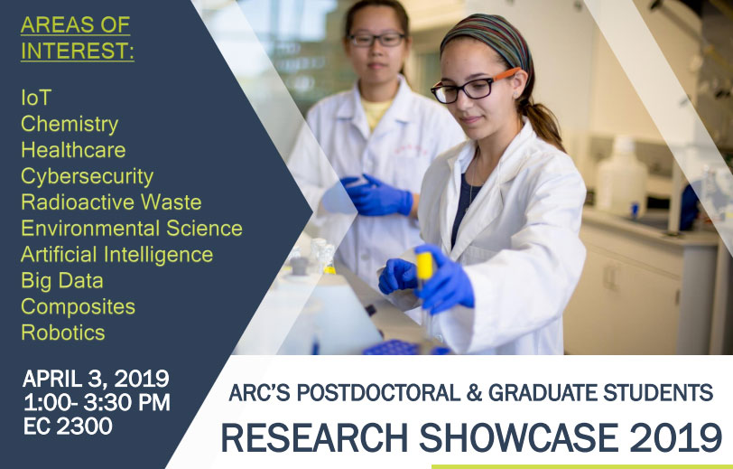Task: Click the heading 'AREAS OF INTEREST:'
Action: (x=77, y=38)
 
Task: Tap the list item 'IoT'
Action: (x=36, y=97)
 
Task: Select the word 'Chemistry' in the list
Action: (x=70, y=124)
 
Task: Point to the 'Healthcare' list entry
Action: (x=73, y=150)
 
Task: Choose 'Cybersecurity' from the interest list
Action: (x=87, y=176)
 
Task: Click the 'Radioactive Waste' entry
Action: (x=111, y=202)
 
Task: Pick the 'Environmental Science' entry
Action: (x=132, y=228)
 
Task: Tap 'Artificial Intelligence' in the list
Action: (x=117, y=254)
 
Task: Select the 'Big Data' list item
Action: (x=62, y=280)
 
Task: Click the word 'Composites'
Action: (x=78, y=306)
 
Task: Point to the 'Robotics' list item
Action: (x=63, y=333)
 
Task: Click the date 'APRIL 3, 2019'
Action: (x=96, y=379)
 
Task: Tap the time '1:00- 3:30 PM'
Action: (x=97, y=403)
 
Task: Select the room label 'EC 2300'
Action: (x=68, y=427)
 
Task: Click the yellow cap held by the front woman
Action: (x=424, y=266)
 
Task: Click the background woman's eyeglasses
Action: (x=376, y=39)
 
